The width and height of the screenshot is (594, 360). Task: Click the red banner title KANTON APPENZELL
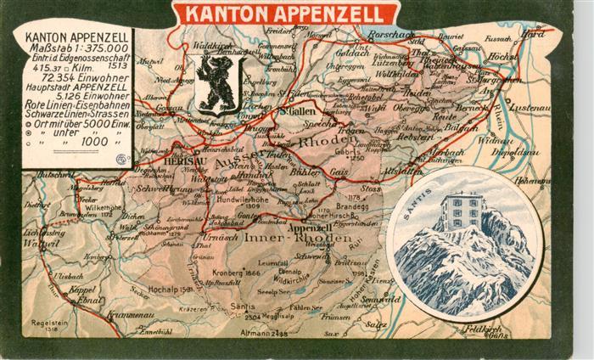click(x=284, y=14)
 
